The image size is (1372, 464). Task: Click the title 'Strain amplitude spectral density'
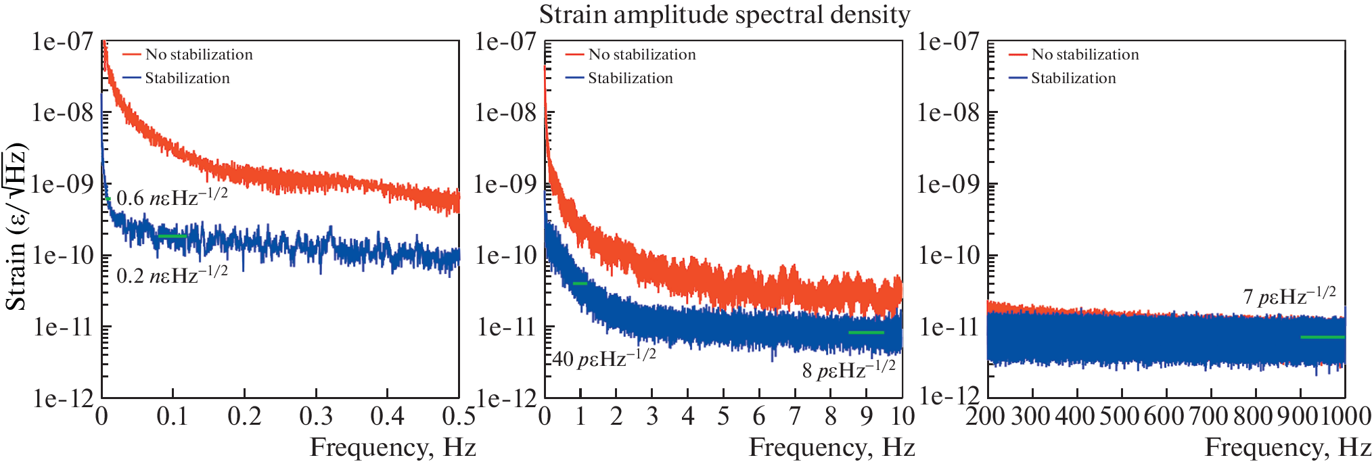pos(724,15)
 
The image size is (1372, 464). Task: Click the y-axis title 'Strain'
pos(16,227)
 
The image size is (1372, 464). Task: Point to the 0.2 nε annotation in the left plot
pos(172,275)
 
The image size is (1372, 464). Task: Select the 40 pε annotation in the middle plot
pos(603,358)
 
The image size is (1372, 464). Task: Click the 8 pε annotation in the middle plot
pos(848,369)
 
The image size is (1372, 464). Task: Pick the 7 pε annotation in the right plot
pos(1289,296)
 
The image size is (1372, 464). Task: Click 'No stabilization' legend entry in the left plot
pos(199,55)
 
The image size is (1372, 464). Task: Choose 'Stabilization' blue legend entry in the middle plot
pos(630,78)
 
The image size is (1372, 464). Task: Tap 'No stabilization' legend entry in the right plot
pos(1084,55)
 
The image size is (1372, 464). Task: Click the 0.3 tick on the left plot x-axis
pos(316,416)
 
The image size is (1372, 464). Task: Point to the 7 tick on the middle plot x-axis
pos(795,416)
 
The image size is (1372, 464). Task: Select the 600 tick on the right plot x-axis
pos(1166,416)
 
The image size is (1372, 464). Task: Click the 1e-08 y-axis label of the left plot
pos(62,113)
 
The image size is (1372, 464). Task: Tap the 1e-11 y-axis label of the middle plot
pos(507,327)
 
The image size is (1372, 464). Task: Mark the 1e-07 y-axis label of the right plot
pos(948,42)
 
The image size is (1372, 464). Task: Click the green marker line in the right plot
pos(1322,337)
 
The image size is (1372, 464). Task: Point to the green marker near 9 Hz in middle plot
pos(866,332)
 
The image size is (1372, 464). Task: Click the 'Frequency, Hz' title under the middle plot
pos(831,448)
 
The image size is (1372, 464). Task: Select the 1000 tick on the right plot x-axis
pos(1346,416)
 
